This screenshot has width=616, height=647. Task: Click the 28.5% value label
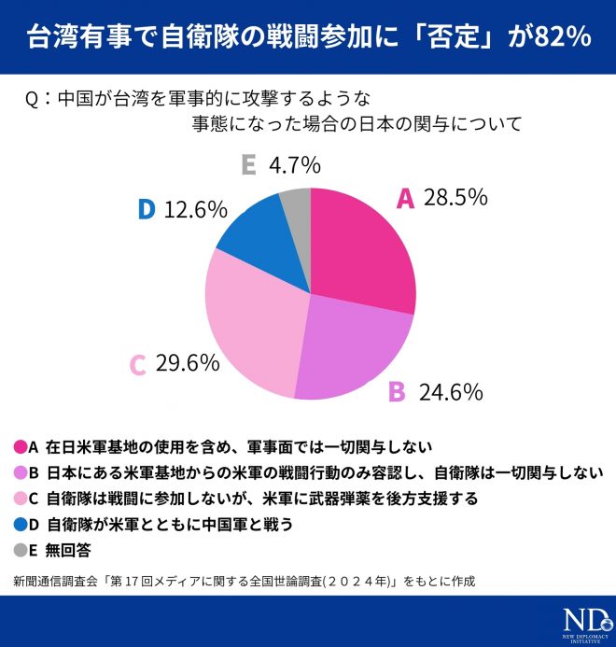point(455,197)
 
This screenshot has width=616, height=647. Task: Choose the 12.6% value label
point(195,209)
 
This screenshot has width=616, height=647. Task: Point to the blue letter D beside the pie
point(146,209)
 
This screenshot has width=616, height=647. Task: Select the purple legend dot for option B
point(20,472)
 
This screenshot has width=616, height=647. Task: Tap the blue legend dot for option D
point(20,525)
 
